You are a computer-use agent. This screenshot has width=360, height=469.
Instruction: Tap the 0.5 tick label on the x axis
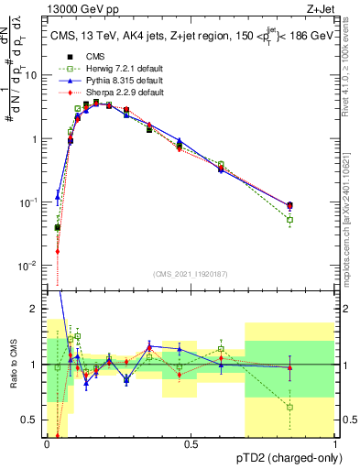pos(191,444)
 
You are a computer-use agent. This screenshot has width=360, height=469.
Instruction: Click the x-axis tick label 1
pos(335,444)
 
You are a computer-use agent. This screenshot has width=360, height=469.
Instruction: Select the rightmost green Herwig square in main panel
pos(290,220)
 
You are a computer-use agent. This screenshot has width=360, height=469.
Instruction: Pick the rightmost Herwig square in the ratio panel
pos(290,407)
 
